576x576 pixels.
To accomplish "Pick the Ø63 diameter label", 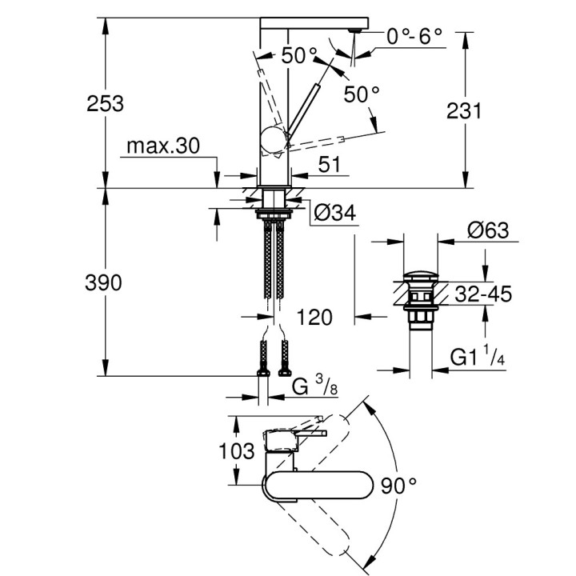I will click(x=486, y=230).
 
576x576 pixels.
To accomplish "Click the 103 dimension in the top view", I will click(x=238, y=451).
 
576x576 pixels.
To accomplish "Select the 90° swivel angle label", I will click(x=398, y=484).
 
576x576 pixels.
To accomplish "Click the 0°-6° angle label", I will click(x=414, y=36).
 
